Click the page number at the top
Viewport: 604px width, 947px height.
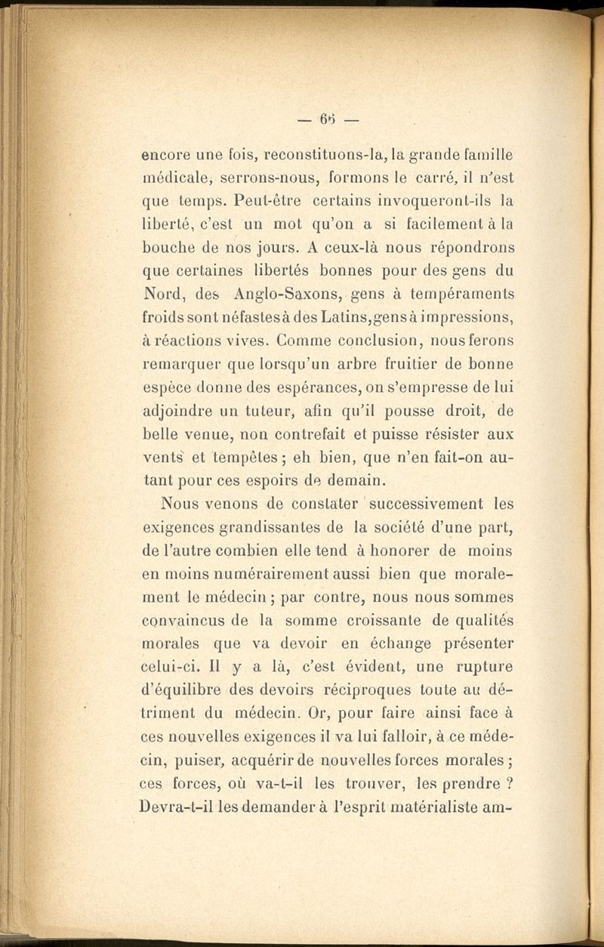coord(326,119)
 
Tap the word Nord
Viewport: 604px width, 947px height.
coord(165,292)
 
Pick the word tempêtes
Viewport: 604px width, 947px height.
coord(243,458)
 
